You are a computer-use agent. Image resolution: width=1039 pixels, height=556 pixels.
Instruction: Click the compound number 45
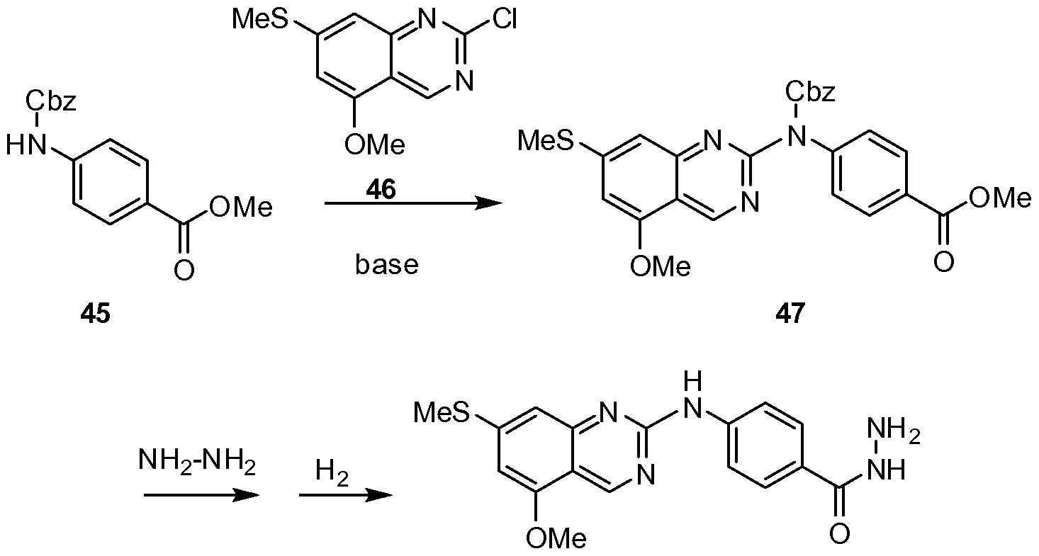tap(96, 314)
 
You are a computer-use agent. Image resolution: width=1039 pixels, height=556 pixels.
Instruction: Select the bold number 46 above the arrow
tap(381, 189)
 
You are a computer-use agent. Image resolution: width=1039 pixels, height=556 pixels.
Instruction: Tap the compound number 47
tap(790, 314)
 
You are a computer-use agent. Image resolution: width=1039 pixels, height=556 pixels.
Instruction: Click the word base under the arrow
tap(387, 265)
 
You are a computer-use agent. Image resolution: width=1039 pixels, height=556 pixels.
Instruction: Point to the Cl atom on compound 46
tap(505, 21)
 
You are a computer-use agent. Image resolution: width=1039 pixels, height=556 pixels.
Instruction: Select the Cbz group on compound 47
tap(810, 91)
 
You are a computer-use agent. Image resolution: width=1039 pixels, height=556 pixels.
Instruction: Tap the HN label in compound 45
tap(26, 147)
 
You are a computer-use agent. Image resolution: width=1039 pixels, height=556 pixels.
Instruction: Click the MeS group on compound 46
tap(259, 20)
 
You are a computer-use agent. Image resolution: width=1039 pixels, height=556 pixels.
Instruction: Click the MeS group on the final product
tap(442, 413)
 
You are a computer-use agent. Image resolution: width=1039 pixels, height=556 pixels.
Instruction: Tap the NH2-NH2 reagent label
tap(197, 462)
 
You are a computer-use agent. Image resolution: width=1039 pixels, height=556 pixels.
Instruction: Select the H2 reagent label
tap(332, 472)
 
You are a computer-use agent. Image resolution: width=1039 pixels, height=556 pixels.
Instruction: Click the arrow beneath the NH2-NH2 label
tap(201, 495)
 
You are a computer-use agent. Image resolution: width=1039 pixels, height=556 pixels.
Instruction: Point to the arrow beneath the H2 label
tap(346, 495)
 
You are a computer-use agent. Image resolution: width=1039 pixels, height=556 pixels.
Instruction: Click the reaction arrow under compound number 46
tap(413, 203)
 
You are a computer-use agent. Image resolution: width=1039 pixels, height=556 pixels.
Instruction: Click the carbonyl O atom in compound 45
tap(184, 270)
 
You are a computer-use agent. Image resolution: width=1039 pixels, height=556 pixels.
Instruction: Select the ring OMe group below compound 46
tap(375, 145)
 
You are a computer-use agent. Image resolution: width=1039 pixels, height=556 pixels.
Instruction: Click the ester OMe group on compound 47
tap(999, 198)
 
